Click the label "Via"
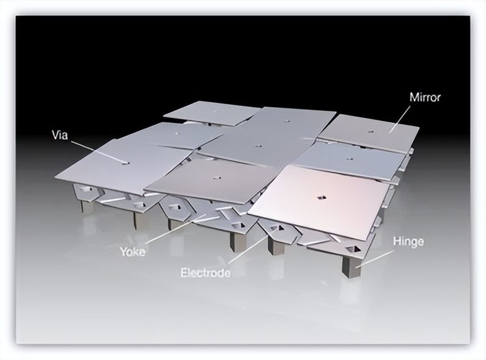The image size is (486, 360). pos(60,136)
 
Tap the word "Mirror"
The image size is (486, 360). pos(425,97)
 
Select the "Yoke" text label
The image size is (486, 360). pos(133,251)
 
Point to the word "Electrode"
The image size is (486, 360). pos(205,273)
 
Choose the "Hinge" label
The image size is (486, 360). pos(408,241)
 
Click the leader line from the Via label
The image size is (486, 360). pos(98,152)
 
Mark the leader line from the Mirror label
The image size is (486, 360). pos(400,119)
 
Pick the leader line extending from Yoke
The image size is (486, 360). pos(176,230)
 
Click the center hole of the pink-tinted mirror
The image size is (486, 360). pos(322,197)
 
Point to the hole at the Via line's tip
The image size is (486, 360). pos(126,163)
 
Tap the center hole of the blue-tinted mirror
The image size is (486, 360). pos(351,159)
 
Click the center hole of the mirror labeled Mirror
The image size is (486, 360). pos(371,131)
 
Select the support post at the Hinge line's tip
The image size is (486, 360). pos(352,266)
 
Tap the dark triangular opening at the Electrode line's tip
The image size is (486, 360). pos(281,228)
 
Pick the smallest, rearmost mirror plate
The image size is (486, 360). pos(211,112)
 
